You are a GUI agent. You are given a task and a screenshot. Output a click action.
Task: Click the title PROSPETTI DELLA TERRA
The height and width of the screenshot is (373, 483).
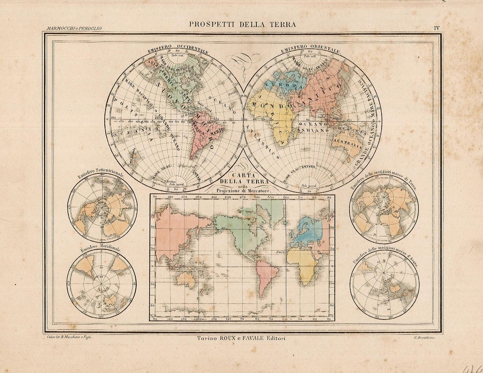(x=242, y=25)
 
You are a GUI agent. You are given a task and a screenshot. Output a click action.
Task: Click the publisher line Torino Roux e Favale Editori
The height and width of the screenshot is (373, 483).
(x=241, y=338)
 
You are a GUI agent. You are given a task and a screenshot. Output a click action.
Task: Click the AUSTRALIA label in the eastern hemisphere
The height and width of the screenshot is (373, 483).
(x=347, y=143)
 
